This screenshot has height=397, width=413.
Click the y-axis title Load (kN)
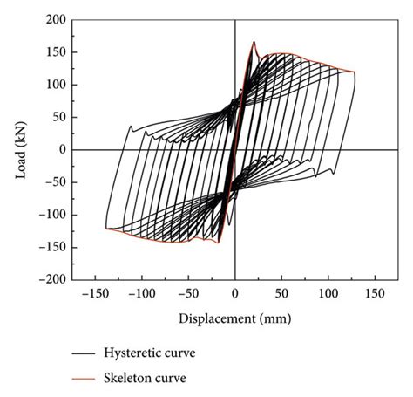(22, 149)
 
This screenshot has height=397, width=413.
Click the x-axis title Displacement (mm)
(234, 318)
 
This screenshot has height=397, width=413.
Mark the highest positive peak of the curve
(254, 41)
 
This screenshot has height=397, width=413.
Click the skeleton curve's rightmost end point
(355, 72)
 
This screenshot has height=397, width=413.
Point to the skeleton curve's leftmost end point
(106, 229)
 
